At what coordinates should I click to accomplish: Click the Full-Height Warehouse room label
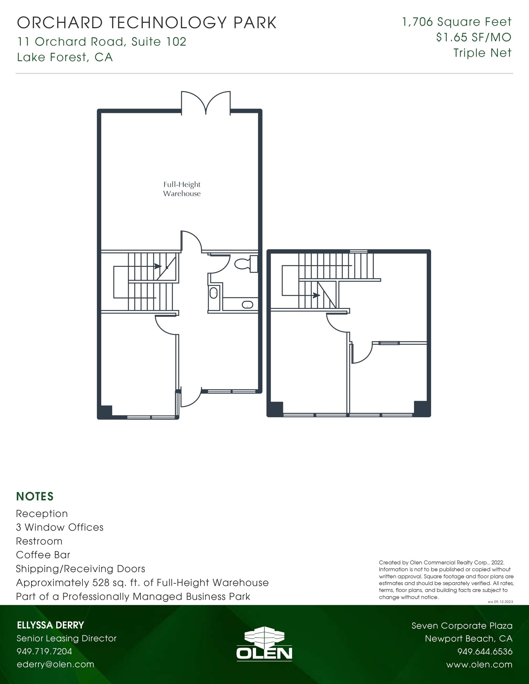(x=182, y=189)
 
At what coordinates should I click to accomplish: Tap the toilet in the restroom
(x=246, y=264)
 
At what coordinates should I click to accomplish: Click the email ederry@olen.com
(x=55, y=664)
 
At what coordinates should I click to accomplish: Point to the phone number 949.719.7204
(x=44, y=651)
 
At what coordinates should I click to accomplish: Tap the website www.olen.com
(x=479, y=665)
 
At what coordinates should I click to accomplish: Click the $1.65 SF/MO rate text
(x=474, y=37)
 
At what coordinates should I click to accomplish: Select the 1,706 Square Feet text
(x=457, y=22)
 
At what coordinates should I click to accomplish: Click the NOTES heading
(x=35, y=497)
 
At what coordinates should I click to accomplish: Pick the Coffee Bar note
(x=43, y=555)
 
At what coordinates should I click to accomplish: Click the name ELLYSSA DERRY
(x=50, y=625)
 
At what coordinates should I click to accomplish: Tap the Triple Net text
(x=482, y=53)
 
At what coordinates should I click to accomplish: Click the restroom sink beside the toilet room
(x=248, y=305)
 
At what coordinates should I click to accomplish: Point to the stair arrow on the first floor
(x=157, y=266)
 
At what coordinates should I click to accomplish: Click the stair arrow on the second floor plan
(x=316, y=295)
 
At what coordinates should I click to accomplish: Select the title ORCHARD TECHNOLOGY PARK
(x=147, y=23)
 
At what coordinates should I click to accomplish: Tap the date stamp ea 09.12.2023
(x=500, y=602)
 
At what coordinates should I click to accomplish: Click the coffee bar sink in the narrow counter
(x=214, y=293)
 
